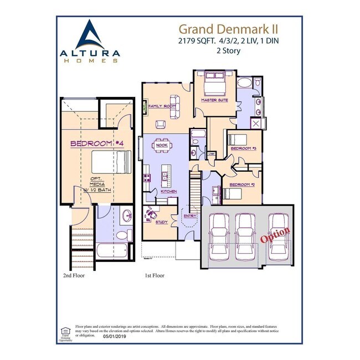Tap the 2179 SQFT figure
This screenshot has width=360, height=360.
[196, 40]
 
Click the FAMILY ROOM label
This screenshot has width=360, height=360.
[162, 105]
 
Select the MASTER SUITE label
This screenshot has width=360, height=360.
[215, 100]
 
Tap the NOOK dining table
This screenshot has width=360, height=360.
[162, 147]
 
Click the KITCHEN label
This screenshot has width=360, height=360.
[168, 191]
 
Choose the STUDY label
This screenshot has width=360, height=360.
[161, 222]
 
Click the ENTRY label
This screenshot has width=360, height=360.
[189, 216]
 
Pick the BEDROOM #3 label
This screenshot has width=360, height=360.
[243, 148]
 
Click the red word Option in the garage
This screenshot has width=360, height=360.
[275, 235]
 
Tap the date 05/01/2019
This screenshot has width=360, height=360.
[115, 336]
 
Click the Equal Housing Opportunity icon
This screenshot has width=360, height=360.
[65, 332]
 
